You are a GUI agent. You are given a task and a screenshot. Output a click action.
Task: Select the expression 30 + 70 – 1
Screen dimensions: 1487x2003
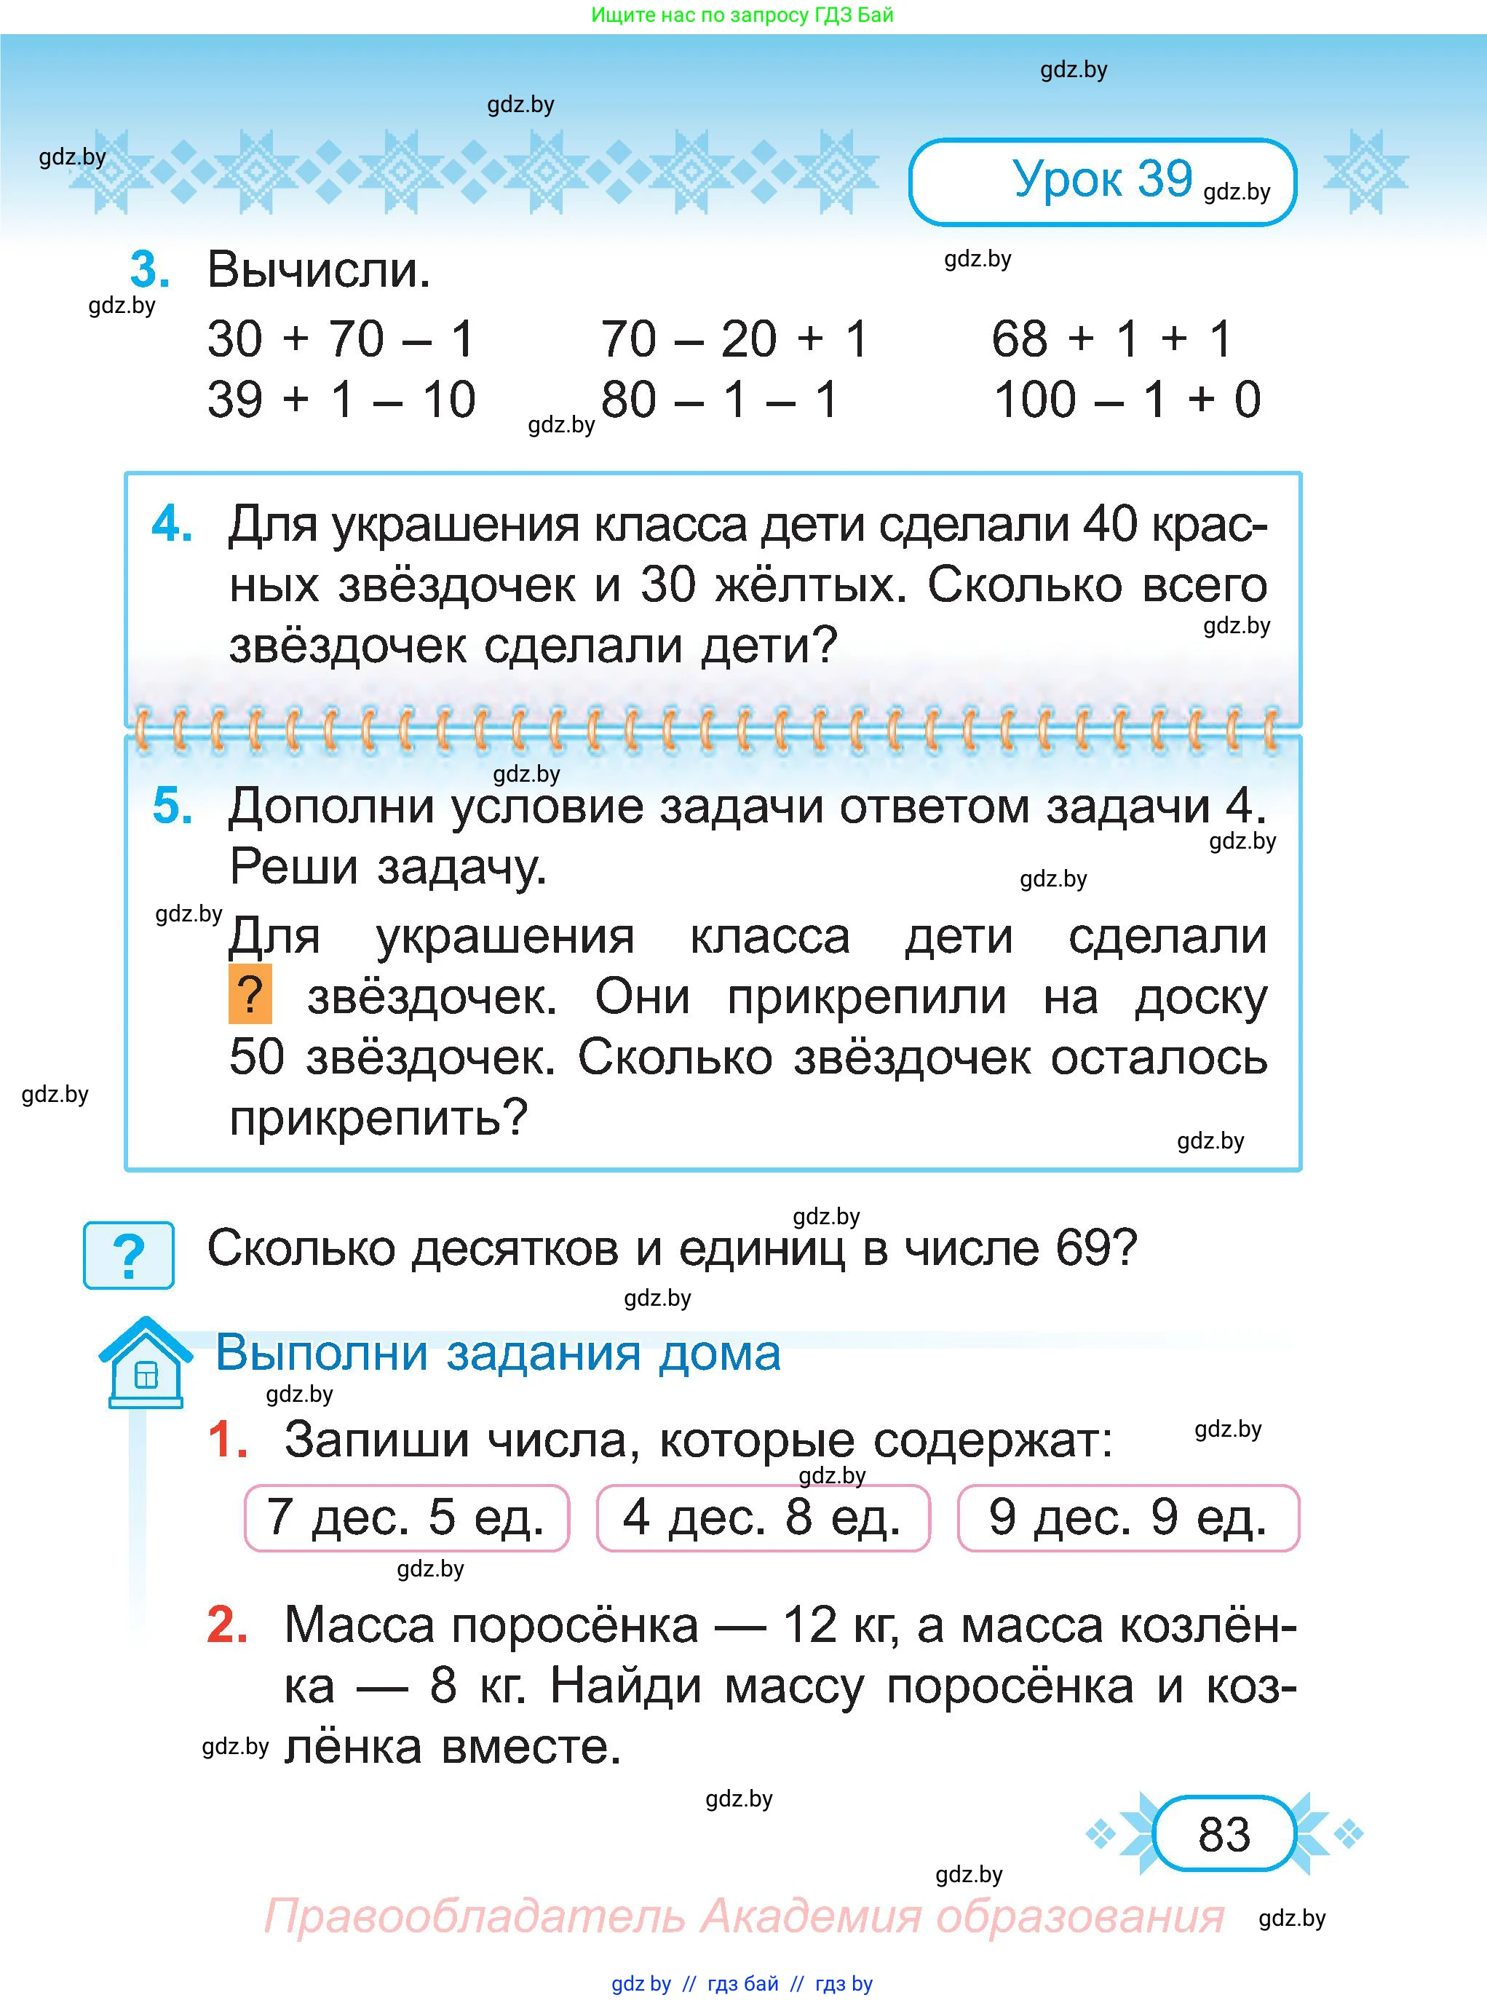(340, 339)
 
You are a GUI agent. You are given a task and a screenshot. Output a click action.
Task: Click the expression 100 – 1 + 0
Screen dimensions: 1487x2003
(1126, 400)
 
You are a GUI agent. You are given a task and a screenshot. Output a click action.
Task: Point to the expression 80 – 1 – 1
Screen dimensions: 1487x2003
(719, 400)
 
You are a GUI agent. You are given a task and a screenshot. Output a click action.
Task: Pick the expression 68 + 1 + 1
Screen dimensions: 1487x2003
(1111, 339)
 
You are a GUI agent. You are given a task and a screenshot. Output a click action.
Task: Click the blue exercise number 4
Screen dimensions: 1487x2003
(171, 524)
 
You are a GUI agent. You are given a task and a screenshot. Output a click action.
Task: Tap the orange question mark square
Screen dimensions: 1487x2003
(250, 995)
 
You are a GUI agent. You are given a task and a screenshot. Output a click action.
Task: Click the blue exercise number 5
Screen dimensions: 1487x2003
(171, 806)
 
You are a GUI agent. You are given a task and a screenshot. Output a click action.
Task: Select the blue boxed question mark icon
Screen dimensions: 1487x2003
(129, 1255)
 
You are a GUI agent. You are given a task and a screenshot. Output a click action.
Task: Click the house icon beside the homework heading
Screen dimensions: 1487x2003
(145, 1362)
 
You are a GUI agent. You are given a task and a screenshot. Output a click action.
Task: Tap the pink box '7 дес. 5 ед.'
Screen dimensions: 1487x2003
(407, 1518)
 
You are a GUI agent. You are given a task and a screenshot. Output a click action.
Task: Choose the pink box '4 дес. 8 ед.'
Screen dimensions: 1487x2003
(762, 1518)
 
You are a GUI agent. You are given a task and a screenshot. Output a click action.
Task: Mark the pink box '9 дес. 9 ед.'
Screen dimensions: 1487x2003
(1128, 1518)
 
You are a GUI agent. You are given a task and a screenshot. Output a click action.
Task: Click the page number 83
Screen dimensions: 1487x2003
(1224, 1833)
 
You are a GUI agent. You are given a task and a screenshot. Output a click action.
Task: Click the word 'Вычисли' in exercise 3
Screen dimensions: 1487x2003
(319, 269)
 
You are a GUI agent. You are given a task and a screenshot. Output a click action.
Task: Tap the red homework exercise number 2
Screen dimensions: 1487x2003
(227, 1625)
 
